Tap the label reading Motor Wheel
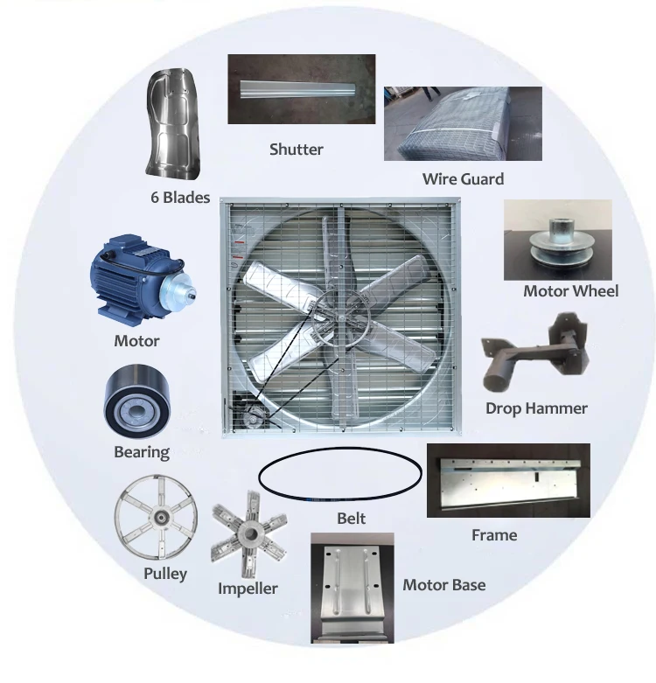[x=570, y=291]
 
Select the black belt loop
[x=340, y=477]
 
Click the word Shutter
[x=296, y=150]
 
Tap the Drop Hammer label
[x=536, y=408]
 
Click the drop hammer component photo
[x=536, y=355]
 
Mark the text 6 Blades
[x=180, y=198]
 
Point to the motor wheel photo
[x=557, y=240]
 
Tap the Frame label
[x=494, y=534]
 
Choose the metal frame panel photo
[x=507, y=481]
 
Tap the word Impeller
[x=248, y=589]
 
